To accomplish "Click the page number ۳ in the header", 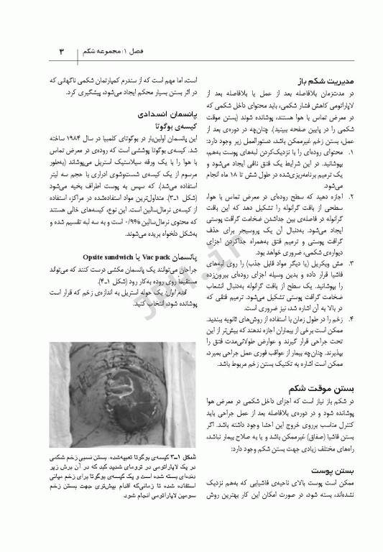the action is pos(61,52).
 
